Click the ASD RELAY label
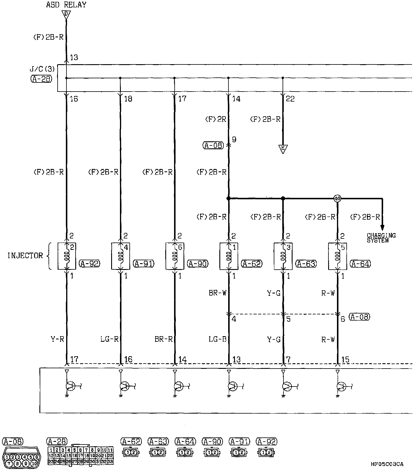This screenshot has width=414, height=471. pos(66,5)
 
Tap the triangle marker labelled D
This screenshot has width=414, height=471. pos(66,14)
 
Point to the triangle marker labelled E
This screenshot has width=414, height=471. pos(283,149)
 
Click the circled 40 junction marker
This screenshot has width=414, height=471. pos(337,199)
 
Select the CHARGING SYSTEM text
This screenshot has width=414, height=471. pos(381,238)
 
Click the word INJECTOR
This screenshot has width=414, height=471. pos(25,256)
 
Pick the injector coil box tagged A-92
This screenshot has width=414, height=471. pos(66,256)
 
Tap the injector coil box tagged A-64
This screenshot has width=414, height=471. pos(337,256)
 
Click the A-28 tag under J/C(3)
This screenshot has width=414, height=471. pos(41,79)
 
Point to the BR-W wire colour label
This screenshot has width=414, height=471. pos(218,293)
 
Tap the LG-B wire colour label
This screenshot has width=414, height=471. pos(218,339)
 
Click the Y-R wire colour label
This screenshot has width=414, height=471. pos(57,339)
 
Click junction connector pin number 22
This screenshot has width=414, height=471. pos(290,99)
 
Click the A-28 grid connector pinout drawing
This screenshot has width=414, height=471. pos(80,456)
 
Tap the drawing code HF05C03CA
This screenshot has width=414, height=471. pos(387,464)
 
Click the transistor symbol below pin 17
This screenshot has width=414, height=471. pos(70,386)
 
